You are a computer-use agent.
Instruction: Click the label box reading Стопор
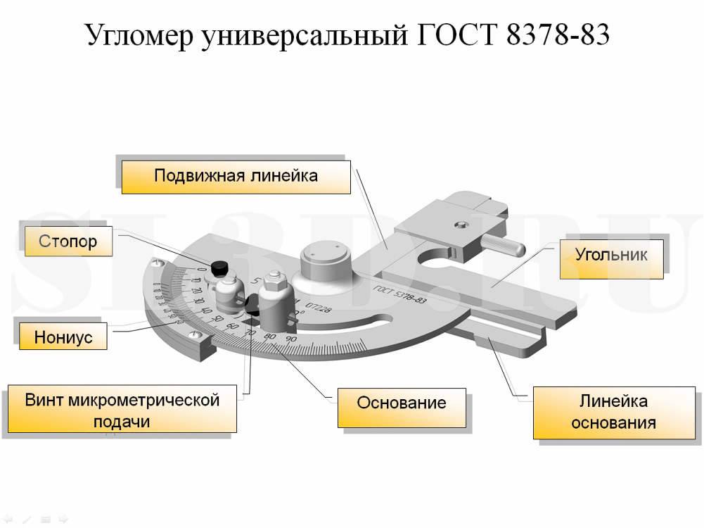(68, 242)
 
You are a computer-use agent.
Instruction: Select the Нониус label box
(63, 337)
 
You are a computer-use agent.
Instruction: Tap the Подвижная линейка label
(236, 176)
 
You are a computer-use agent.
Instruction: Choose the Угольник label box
(611, 254)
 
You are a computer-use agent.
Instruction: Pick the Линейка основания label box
(613, 412)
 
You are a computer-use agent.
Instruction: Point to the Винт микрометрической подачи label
(122, 410)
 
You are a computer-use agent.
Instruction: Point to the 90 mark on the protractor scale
(290, 341)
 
